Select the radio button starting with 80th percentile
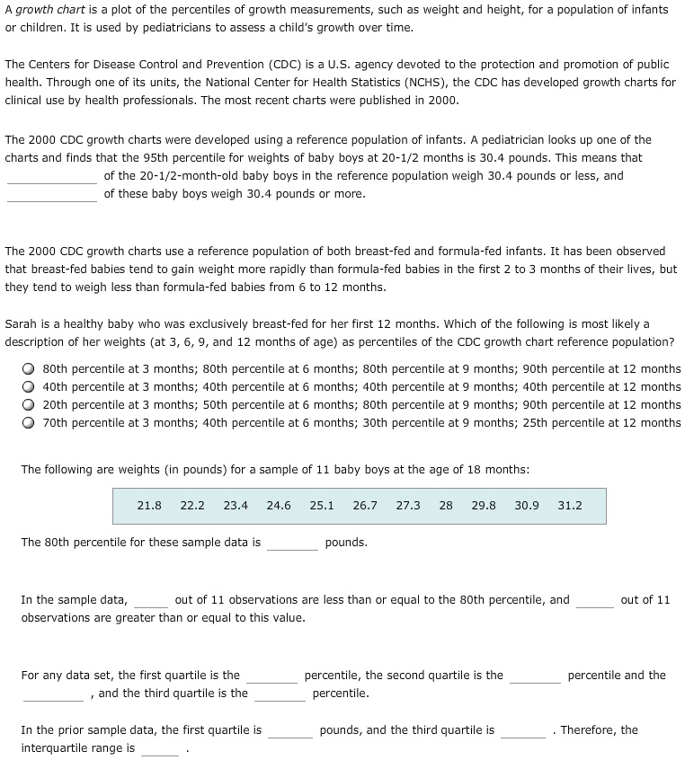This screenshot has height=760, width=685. point(30,369)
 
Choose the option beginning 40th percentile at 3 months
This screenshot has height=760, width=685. point(30,387)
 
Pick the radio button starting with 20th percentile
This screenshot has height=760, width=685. point(30,405)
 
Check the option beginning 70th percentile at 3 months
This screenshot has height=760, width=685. point(30,423)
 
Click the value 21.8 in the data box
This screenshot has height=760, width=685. point(149,506)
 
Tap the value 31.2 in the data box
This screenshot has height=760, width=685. point(570,506)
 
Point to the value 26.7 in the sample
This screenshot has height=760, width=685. point(365,506)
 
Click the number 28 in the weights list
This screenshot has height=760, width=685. point(446,506)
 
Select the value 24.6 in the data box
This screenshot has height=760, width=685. point(279,506)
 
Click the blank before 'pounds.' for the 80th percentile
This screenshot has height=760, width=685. point(292,543)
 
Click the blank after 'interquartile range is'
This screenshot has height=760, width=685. point(159,749)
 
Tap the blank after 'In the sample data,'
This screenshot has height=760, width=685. point(151,601)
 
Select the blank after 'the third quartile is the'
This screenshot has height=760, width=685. point(280,694)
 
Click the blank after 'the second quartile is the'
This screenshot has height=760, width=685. point(535,676)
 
